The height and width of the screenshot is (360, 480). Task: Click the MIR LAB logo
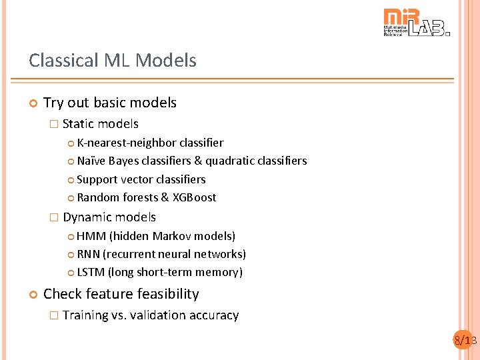point(417,23)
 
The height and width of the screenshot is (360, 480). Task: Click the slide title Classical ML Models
point(113,61)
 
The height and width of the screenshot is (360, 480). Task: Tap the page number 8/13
point(465,341)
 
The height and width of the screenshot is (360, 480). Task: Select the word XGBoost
point(194,197)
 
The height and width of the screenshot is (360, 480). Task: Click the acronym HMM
point(91,236)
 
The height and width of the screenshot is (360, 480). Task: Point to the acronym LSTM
point(91,272)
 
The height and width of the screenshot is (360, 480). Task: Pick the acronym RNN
point(89,254)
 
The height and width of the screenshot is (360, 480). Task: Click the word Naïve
point(91,161)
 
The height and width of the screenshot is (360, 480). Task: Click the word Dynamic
point(86,217)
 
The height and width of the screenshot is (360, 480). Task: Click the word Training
point(85,315)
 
